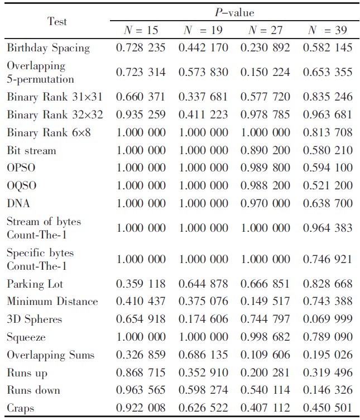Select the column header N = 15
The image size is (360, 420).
(x=141, y=30)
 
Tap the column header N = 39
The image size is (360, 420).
(x=328, y=30)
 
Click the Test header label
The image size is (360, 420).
(x=57, y=21)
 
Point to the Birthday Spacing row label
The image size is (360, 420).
(x=48, y=48)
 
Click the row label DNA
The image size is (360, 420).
(x=19, y=203)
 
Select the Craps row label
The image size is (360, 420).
(x=21, y=408)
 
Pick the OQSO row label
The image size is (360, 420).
(x=22, y=185)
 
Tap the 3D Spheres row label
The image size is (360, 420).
(x=34, y=319)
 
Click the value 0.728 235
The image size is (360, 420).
(x=141, y=48)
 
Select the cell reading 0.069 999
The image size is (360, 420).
(x=328, y=319)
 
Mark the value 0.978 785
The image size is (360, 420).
(x=265, y=115)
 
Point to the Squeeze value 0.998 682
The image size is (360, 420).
(x=265, y=337)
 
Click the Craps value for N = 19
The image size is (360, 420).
(x=203, y=408)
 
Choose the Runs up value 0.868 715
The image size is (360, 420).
(x=141, y=373)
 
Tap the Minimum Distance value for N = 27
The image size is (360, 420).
(x=265, y=302)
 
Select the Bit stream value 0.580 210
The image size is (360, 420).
(x=328, y=151)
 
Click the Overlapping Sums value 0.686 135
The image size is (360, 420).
(x=203, y=355)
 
